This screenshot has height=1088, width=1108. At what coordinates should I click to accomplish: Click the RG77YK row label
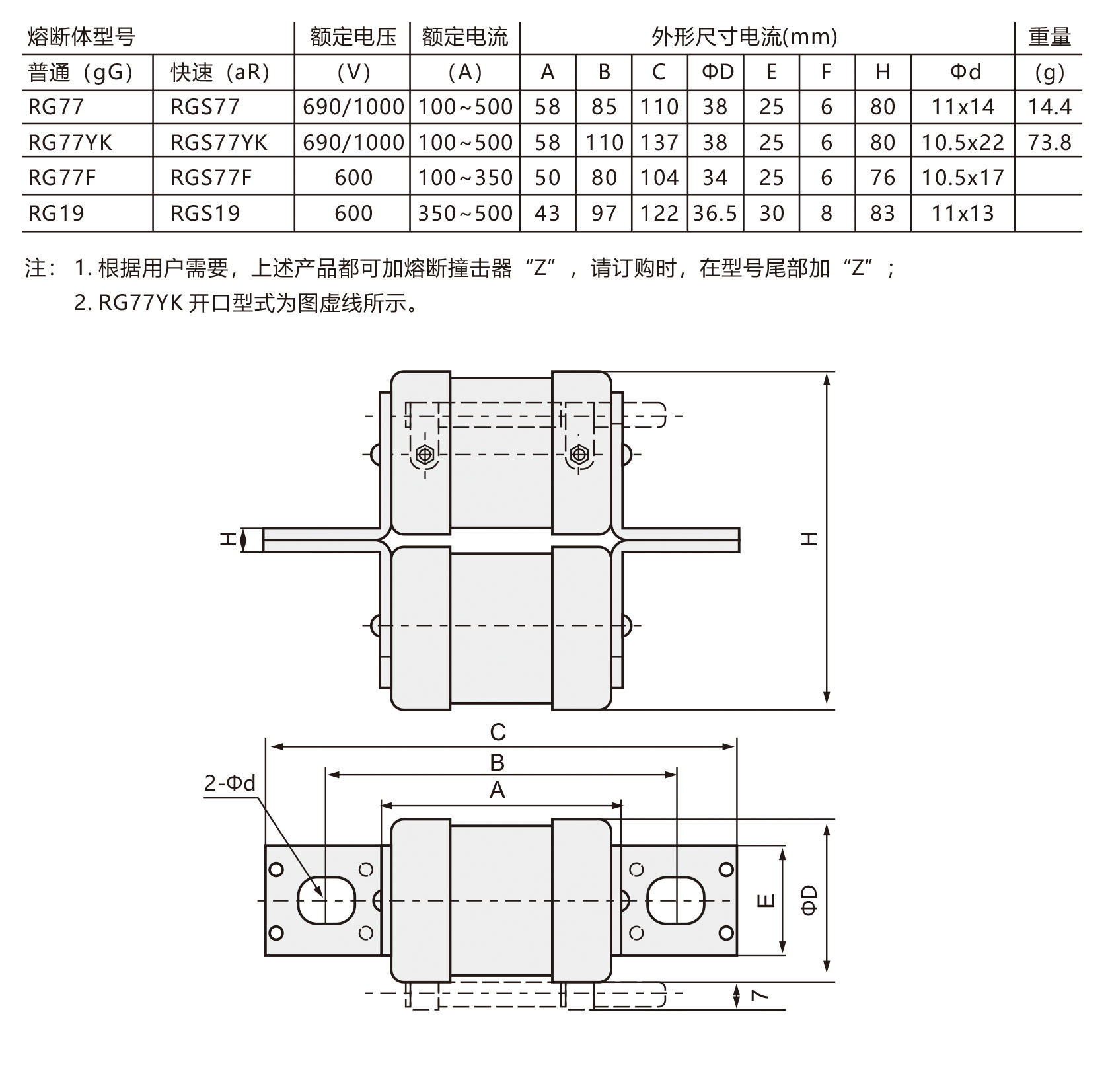[x=70, y=142]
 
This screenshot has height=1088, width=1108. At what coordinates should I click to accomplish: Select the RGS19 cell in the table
[x=205, y=213]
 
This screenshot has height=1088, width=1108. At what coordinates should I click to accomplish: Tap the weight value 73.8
[x=1049, y=142]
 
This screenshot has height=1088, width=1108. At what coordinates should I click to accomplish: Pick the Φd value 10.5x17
[x=963, y=177]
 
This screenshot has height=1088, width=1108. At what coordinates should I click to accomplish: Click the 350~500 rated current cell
[x=465, y=213]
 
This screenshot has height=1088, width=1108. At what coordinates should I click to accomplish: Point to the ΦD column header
[x=716, y=71]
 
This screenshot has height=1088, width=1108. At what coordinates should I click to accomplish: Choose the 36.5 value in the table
[x=715, y=213]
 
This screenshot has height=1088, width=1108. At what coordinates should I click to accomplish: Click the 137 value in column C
[x=659, y=142]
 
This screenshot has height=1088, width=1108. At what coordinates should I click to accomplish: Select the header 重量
[x=1049, y=36]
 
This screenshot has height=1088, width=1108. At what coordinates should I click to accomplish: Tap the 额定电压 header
[x=353, y=36]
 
